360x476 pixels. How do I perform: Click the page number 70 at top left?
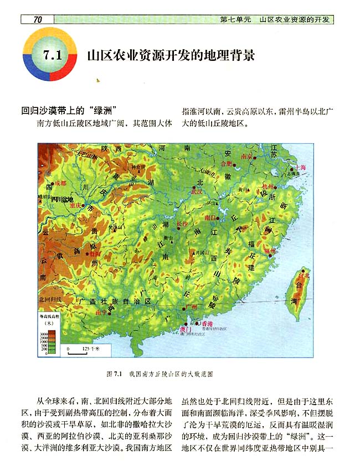tap(38, 20)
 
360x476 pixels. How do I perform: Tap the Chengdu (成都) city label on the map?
tap(60, 182)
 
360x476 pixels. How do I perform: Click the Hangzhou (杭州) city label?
tap(269, 187)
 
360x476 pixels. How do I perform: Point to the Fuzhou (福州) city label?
tap(270, 250)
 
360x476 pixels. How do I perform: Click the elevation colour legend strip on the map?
tap(52, 342)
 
